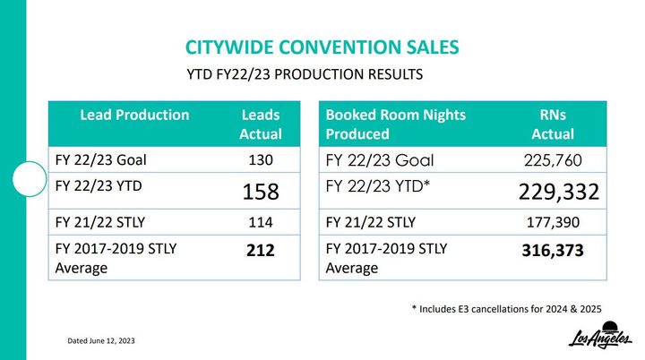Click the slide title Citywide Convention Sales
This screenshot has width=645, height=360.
[322, 47]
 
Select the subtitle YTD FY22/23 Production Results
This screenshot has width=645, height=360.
[305, 74]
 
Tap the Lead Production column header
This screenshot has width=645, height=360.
[134, 115]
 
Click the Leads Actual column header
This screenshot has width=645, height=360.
[261, 124]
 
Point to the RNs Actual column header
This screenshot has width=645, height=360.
[553, 124]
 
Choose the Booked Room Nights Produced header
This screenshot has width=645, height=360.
[396, 124]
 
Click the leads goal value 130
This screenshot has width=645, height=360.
[261, 159]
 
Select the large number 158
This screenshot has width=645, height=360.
[261, 192]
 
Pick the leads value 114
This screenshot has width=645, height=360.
[261, 222]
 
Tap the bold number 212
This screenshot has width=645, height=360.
[261, 250]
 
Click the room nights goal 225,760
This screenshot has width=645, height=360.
[553, 160]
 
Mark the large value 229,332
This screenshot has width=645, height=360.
[559, 192]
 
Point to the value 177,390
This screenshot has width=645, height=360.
[553, 222]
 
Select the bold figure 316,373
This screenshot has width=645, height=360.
[553, 250]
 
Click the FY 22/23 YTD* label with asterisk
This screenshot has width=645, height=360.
[378, 186]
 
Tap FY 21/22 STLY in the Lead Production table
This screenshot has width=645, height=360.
[100, 222]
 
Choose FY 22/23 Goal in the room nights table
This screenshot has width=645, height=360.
[380, 160]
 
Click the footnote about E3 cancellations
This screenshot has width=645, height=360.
[506, 309]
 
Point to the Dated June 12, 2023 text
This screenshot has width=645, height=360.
[101, 340]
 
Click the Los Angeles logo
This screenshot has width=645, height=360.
[600, 335]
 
